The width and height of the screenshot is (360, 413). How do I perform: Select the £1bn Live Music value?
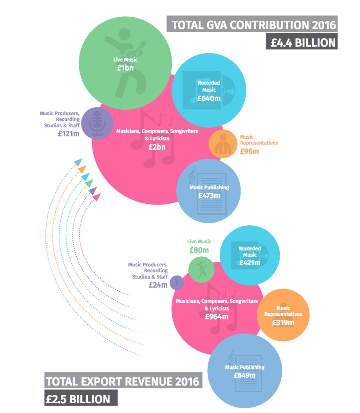(125, 67)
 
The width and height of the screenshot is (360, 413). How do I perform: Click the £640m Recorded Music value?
(209, 98)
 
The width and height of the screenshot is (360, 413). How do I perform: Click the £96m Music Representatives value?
(250, 151)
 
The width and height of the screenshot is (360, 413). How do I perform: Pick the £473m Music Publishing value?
(209, 195)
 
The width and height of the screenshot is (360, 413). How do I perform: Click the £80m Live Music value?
(199, 250)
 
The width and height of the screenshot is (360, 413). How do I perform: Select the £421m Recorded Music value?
(250, 263)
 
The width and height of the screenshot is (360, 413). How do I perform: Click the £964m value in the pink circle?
(217, 317)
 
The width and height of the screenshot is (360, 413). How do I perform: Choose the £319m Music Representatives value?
(283, 322)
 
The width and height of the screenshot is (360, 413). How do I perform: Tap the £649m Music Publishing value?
(244, 375)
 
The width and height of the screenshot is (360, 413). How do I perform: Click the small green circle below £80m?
(201, 269)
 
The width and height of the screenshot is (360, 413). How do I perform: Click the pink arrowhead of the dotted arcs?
(96, 198)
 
